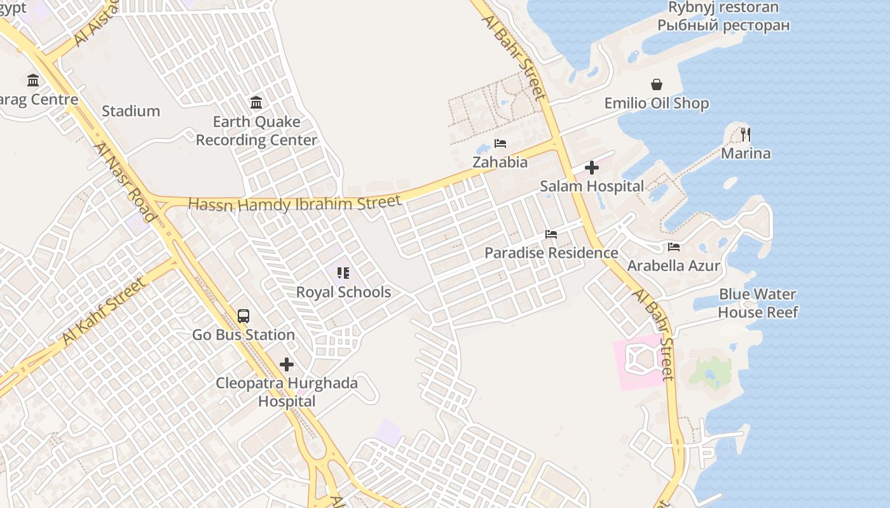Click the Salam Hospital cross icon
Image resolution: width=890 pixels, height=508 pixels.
pos(592,168)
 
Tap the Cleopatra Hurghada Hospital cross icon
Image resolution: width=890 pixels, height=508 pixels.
pos(287,364)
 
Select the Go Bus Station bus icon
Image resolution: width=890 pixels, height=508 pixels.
pos(243,316)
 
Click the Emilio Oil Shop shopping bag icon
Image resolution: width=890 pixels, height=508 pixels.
pos(657,84)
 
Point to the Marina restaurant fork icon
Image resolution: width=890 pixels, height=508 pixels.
pos(746,134)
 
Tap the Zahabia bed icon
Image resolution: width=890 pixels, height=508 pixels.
pos(500,144)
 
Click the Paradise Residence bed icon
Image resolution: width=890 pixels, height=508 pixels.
pos(551,234)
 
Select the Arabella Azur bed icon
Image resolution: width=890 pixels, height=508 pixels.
pos(674,247)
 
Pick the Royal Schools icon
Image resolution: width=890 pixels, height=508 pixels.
pos(343,273)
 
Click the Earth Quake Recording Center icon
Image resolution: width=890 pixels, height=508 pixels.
pos(256,102)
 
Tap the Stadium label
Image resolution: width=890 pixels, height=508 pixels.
pos(131,111)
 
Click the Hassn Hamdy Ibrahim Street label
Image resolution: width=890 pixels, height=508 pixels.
pos(295,204)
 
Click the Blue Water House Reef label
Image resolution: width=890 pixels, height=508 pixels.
pos(758,303)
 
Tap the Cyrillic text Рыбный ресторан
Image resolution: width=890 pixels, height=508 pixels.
pos(723,25)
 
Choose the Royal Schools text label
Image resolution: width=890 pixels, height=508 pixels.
pos(343,292)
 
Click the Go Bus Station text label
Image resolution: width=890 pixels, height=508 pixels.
pos(243,335)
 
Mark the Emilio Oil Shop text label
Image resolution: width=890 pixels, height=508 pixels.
pos(657,103)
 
